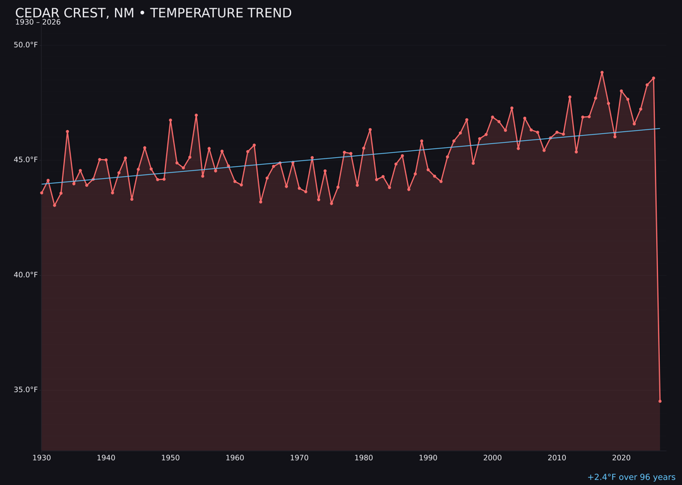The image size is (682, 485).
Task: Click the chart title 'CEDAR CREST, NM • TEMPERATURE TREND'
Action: [153, 13]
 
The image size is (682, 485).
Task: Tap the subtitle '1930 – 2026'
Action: [38, 23]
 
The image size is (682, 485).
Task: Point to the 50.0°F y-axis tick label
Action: [26, 45]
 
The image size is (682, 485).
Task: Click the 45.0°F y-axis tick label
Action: [26, 160]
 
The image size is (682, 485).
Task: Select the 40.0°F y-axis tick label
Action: [26, 275]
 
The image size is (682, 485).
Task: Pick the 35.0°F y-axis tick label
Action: [26, 390]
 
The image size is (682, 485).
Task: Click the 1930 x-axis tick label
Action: [42, 458]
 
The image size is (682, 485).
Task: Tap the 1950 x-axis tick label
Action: [170, 458]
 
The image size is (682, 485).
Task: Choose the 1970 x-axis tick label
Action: [299, 458]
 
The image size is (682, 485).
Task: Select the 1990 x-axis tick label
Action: [428, 458]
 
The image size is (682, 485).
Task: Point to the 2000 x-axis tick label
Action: [493, 458]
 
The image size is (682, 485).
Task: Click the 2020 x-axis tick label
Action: [621, 458]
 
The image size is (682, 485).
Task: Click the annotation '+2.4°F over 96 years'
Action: [631, 477]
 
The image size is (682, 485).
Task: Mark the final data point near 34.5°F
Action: [660, 401]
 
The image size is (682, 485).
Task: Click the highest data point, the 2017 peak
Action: [602, 73]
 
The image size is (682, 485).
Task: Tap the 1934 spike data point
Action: [68, 131]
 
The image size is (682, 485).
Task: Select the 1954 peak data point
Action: [196, 116]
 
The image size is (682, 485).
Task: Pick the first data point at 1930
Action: [42, 193]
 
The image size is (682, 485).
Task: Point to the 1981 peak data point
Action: [370, 129]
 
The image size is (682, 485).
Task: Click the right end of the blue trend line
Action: [659, 129]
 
